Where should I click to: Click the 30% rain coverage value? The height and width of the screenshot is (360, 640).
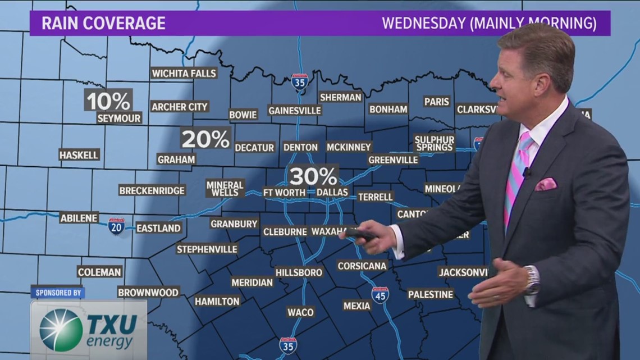[313, 176]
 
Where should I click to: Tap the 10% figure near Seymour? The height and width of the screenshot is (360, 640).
[108, 101]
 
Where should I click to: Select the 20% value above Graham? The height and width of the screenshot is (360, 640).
[205, 139]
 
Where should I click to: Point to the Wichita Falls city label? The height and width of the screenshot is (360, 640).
[184, 73]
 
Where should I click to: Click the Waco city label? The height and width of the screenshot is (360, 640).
[300, 312]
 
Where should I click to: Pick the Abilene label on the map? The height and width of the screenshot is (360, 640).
[79, 218]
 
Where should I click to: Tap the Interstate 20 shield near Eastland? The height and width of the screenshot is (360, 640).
[116, 226]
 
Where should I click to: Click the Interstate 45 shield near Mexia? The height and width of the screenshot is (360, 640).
[380, 295]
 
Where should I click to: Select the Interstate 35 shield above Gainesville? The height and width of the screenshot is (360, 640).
[300, 82]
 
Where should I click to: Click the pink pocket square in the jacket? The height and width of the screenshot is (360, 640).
[545, 184]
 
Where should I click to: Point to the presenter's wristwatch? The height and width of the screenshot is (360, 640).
[532, 280]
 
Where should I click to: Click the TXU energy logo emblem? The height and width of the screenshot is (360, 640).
[61, 330]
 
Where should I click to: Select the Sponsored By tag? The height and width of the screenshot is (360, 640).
[57, 293]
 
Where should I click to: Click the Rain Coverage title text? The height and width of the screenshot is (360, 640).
[104, 24]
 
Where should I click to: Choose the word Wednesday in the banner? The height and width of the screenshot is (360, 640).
[422, 24]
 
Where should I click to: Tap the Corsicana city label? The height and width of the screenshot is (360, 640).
[362, 266]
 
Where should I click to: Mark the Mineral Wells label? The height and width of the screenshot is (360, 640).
[225, 188]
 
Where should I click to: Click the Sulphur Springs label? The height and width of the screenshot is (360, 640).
[434, 143]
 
